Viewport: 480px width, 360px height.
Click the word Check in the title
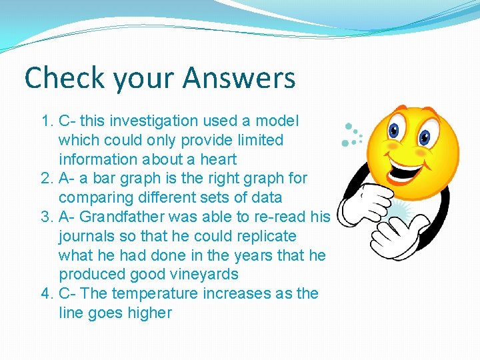pos(65,78)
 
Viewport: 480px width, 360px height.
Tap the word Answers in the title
pos(239,78)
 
